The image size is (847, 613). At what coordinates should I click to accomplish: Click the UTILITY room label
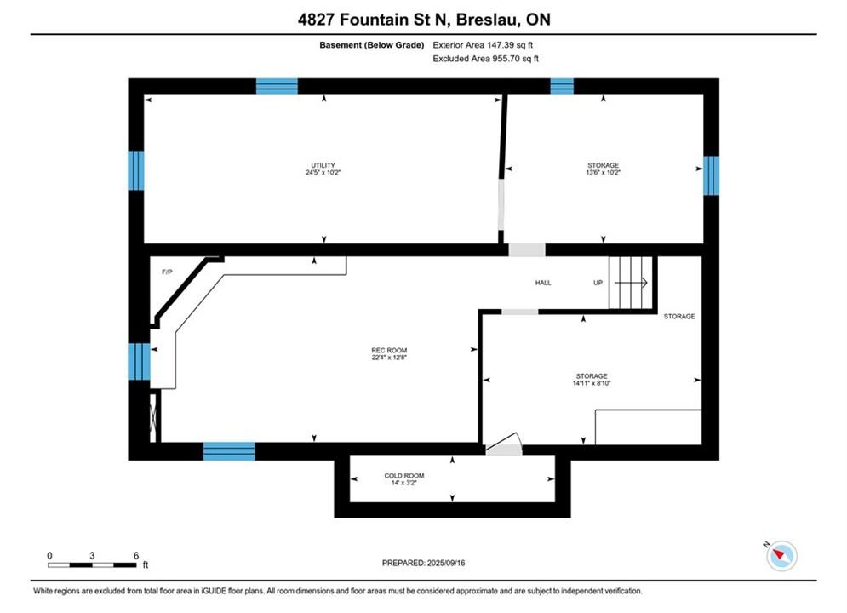tap(323, 165)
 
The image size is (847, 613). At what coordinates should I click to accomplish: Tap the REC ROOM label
tap(389, 350)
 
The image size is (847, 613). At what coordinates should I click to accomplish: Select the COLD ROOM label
tap(404, 475)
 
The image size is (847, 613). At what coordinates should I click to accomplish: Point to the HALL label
tap(543, 283)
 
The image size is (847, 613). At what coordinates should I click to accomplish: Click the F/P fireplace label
tap(167, 272)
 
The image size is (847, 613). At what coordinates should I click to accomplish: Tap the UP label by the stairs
tap(598, 283)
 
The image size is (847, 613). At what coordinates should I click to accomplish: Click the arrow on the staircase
tap(631, 283)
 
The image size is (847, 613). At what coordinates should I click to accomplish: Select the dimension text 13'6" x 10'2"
tap(604, 172)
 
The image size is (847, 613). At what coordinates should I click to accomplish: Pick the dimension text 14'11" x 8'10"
tap(592, 383)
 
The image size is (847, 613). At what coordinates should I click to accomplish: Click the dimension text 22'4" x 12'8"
tap(389, 357)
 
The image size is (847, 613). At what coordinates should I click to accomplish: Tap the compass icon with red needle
tap(781, 555)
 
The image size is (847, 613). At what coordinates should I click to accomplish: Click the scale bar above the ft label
tap(92, 565)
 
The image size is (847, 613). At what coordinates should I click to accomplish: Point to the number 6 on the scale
tap(135, 555)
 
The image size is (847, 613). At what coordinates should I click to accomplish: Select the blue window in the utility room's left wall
tap(136, 170)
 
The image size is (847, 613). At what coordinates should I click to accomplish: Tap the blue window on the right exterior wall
tap(712, 175)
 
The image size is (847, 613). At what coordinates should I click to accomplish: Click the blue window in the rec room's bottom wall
tap(229, 451)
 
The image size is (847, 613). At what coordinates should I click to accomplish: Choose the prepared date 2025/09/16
tap(446, 563)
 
